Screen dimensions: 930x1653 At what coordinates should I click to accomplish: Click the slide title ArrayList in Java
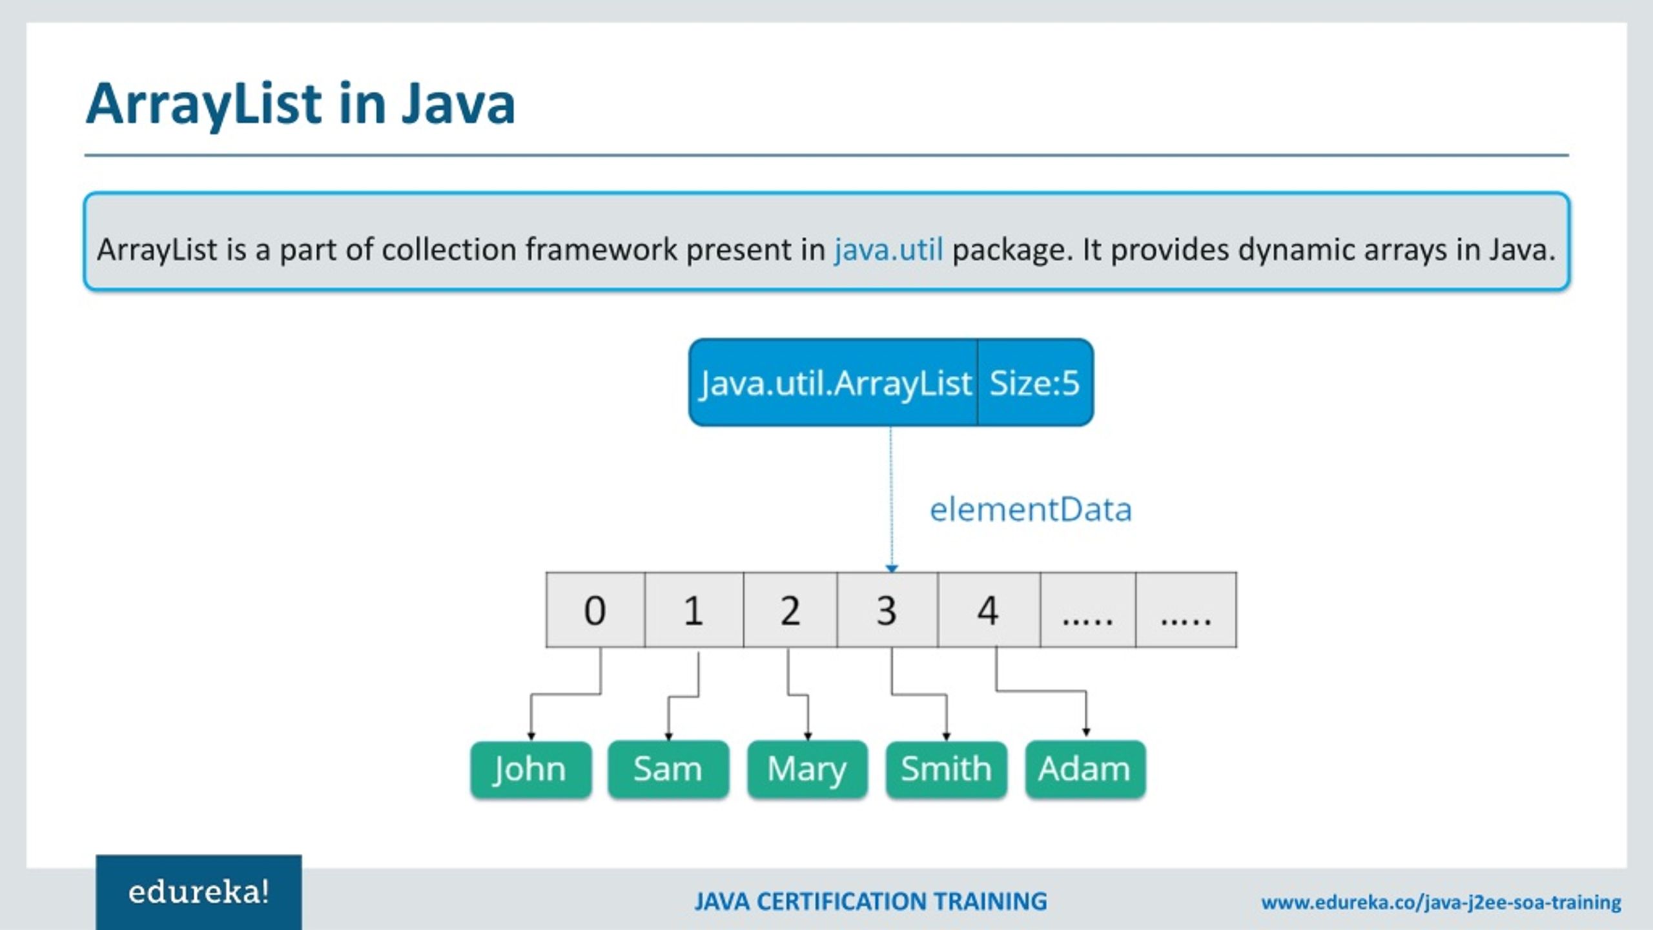[301, 103]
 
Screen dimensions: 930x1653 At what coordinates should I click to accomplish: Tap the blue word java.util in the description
[888, 249]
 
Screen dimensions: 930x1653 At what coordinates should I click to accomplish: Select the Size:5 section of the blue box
[1034, 382]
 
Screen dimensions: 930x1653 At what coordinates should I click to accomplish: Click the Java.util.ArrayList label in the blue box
[836, 382]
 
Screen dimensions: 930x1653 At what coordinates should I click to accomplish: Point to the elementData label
[1031, 510]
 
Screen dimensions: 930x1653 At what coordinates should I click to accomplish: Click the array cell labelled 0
[595, 610]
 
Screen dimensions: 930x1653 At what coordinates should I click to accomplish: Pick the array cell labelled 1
[693, 610]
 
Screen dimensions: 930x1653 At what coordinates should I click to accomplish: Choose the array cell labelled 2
[790, 610]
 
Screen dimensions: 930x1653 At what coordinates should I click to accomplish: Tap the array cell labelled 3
[887, 610]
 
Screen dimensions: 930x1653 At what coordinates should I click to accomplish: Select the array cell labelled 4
[988, 610]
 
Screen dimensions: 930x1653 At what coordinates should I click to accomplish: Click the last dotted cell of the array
[1186, 610]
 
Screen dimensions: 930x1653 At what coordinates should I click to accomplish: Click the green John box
[531, 769]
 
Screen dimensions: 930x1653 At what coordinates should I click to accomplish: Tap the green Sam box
[668, 769]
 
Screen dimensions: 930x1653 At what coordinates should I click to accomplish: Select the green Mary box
[807, 769]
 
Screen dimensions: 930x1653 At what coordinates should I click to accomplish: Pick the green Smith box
[946, 769]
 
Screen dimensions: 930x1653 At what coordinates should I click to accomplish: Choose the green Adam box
[1085, 769]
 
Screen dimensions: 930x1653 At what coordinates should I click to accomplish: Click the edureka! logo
[199, 893]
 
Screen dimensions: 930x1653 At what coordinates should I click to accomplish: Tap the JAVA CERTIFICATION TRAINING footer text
[870, 902]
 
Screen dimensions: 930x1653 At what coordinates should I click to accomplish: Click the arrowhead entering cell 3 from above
[892, 568]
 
